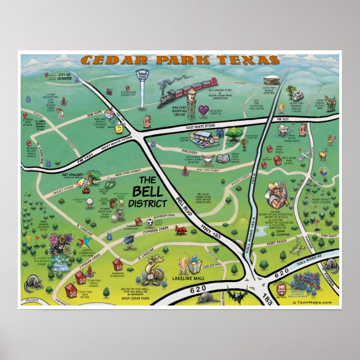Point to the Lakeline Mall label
(x=192, y=276)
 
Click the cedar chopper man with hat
(x=276, y=192)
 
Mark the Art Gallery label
(x=73, y=175)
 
